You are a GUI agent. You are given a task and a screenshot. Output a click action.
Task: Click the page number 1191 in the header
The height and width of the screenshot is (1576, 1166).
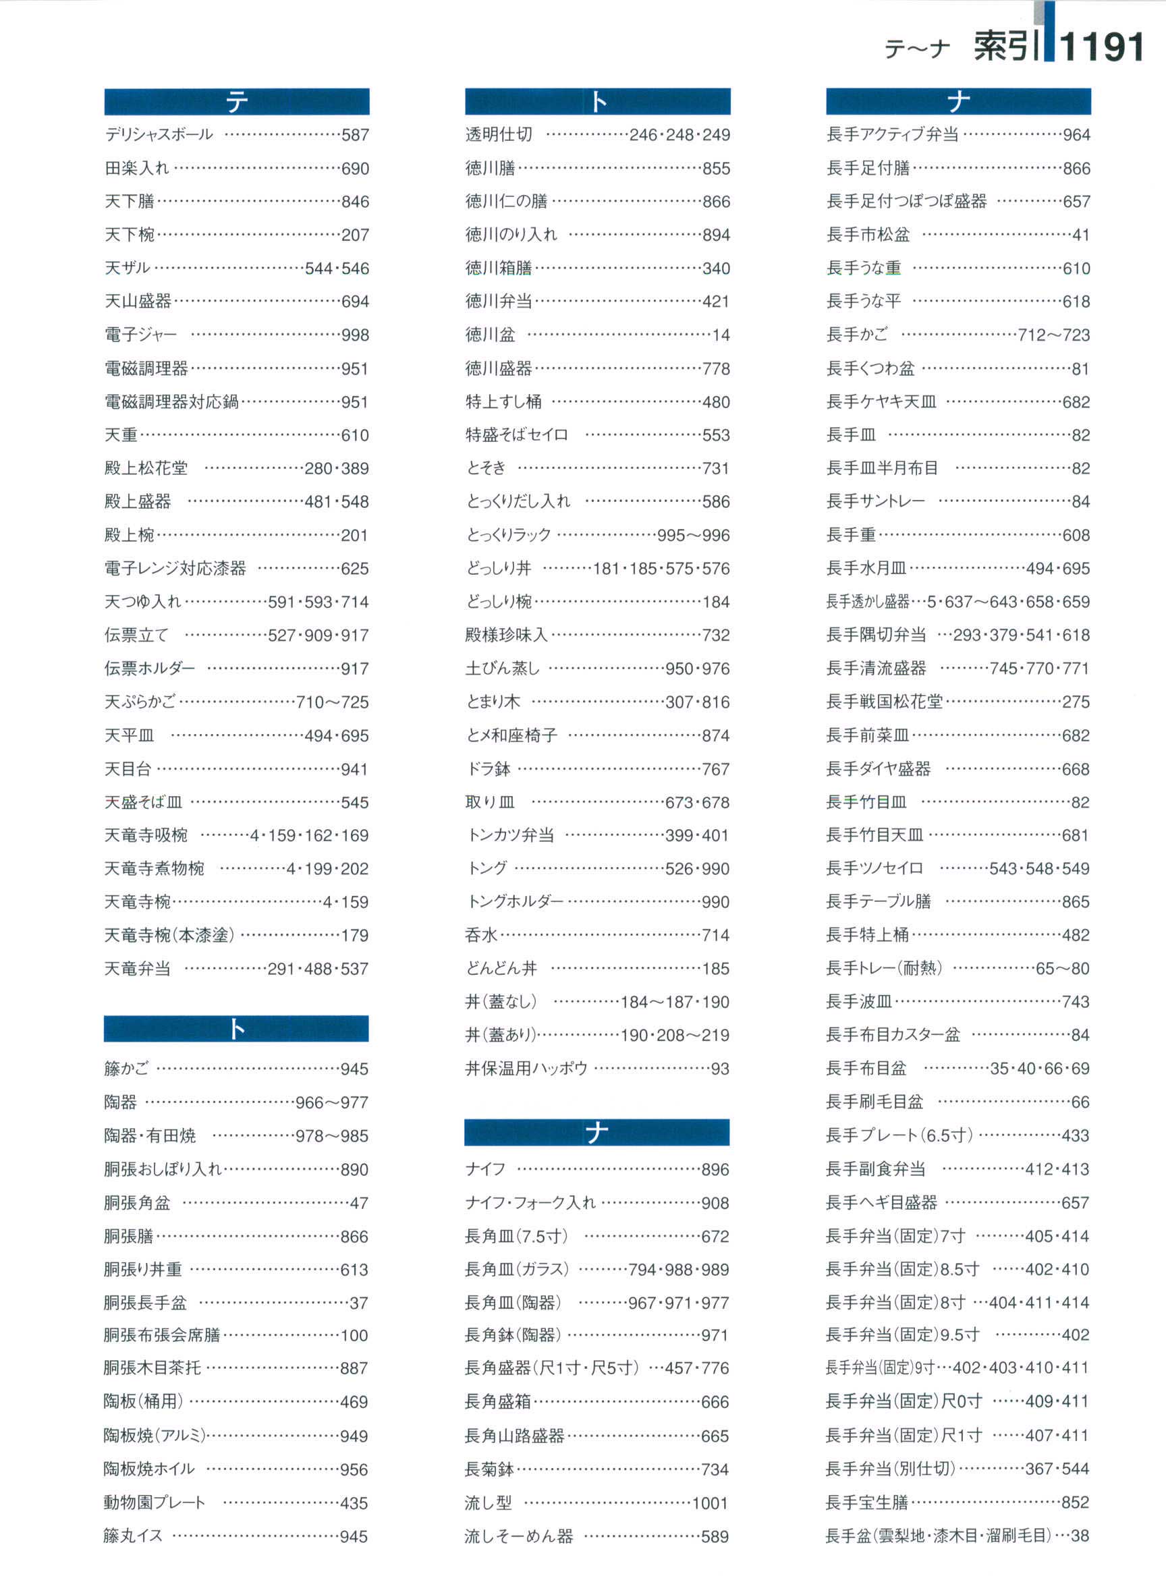tap(1101, 47)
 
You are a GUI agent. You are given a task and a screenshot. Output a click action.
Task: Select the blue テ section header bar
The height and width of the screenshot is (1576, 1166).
tap(236, 102)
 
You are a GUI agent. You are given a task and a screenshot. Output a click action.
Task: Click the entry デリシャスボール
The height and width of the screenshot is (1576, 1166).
tap(159, 134)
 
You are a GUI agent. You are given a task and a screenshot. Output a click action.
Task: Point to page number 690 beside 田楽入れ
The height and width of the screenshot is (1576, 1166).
tap(355, 169)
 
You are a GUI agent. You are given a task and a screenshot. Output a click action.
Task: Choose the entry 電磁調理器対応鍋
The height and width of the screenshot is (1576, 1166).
tap(171, 401)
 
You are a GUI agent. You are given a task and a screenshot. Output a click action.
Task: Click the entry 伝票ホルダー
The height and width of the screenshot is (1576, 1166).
tap(150, 668)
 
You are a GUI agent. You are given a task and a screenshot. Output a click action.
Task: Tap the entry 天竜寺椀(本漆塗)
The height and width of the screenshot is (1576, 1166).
tap(169, 935)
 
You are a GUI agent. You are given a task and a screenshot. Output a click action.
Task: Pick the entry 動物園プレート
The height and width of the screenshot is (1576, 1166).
tap(155, 1502)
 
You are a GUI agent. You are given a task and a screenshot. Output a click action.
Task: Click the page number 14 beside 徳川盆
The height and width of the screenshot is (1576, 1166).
tap(721, 335)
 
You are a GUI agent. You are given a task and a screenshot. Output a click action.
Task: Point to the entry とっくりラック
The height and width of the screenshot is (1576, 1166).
tap(508, 535)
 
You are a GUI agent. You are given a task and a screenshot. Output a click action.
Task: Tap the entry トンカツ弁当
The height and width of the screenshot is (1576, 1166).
tap(509, 836)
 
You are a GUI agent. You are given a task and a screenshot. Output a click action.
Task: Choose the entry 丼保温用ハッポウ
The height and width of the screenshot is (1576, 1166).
tap(526, 1069)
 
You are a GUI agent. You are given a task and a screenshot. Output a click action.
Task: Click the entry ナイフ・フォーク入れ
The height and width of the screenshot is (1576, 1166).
tap(530, 1203)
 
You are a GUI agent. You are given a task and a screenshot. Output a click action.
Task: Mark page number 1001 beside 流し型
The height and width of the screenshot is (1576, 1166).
tap(710, 1503)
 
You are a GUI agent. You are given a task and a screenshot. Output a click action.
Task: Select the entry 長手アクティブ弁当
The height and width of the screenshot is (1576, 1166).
tap(892, 134)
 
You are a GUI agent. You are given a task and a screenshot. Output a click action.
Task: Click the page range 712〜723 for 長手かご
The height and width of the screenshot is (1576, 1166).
tap(1053, 335)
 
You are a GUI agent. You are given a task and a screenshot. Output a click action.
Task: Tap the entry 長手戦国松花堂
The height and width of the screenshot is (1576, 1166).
tap(885, 702)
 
